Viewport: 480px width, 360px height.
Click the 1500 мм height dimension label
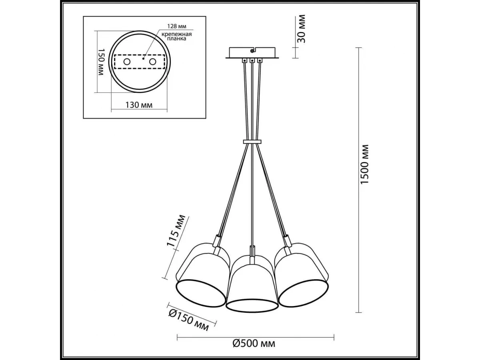pyautogui.click(x=364, y=164)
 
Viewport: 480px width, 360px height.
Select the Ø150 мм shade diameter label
pyautogui.click(x=188, y=322)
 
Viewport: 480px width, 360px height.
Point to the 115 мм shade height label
pyautogui.click(x=176, y=231)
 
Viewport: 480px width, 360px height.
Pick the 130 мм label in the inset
pyautogui.click(x=139, y=105)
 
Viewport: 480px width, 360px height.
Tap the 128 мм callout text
pyautogui.click(x=177, y=26)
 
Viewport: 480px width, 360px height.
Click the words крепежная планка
pyautogui.click(x=176, y=36)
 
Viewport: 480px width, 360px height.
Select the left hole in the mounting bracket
pyautogui.click(x=127, y=62)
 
